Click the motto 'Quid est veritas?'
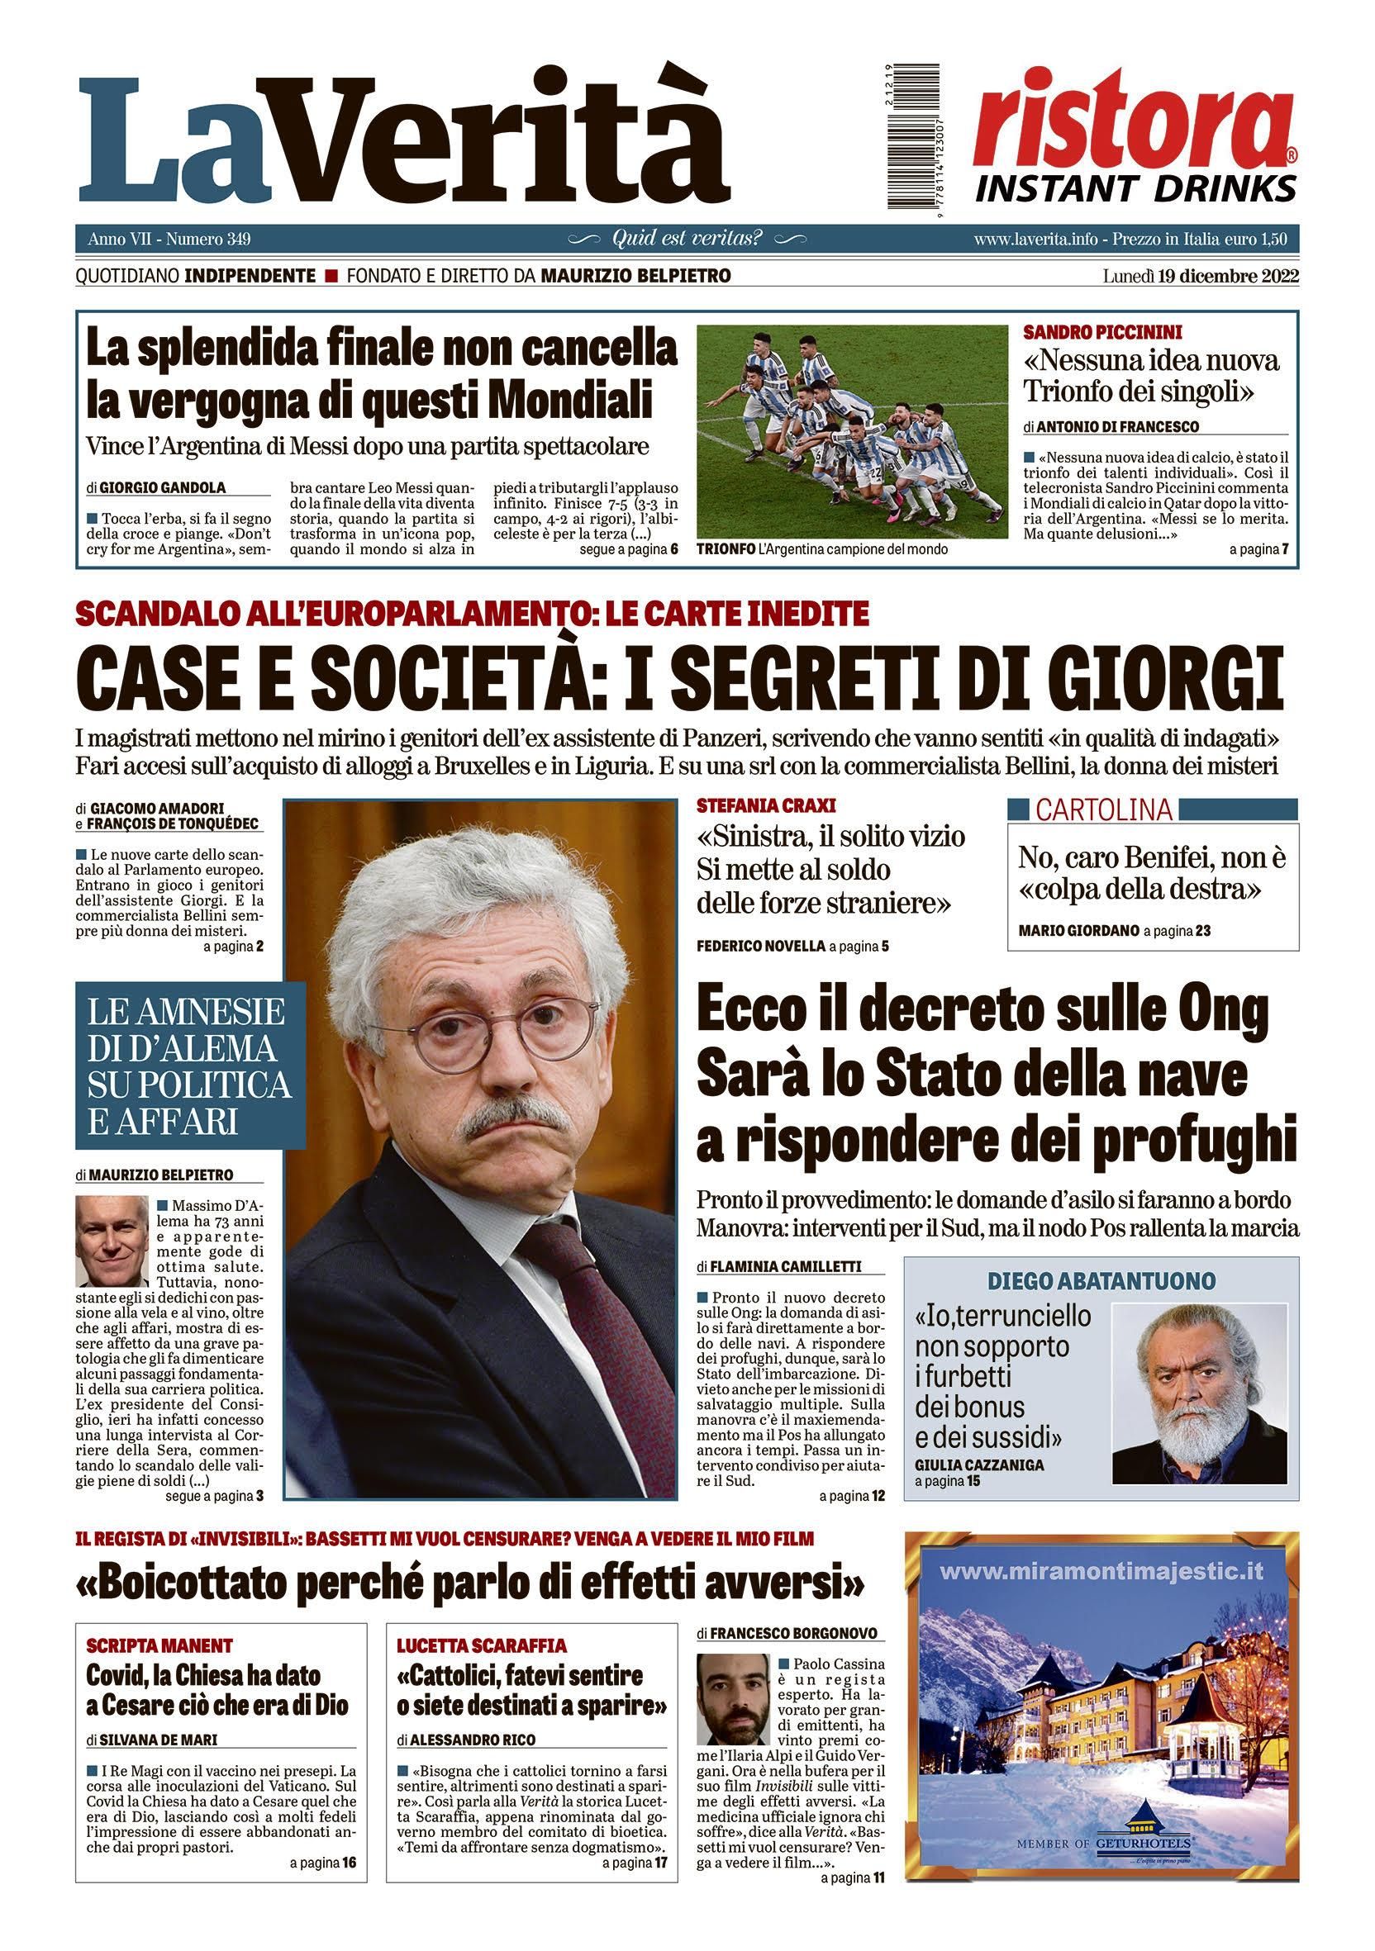pos(687,238)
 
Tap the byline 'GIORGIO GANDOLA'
pos(162,487)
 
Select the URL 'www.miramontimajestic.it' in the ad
pos(1102,1572)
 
